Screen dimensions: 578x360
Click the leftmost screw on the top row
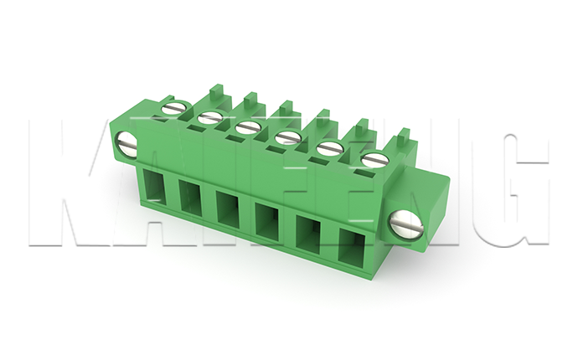174,108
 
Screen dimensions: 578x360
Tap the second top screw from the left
209,118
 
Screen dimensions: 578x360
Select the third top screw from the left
247,128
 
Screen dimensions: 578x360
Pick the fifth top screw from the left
329,149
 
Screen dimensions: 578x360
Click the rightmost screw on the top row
375,160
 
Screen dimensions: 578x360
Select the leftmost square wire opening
153,185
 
